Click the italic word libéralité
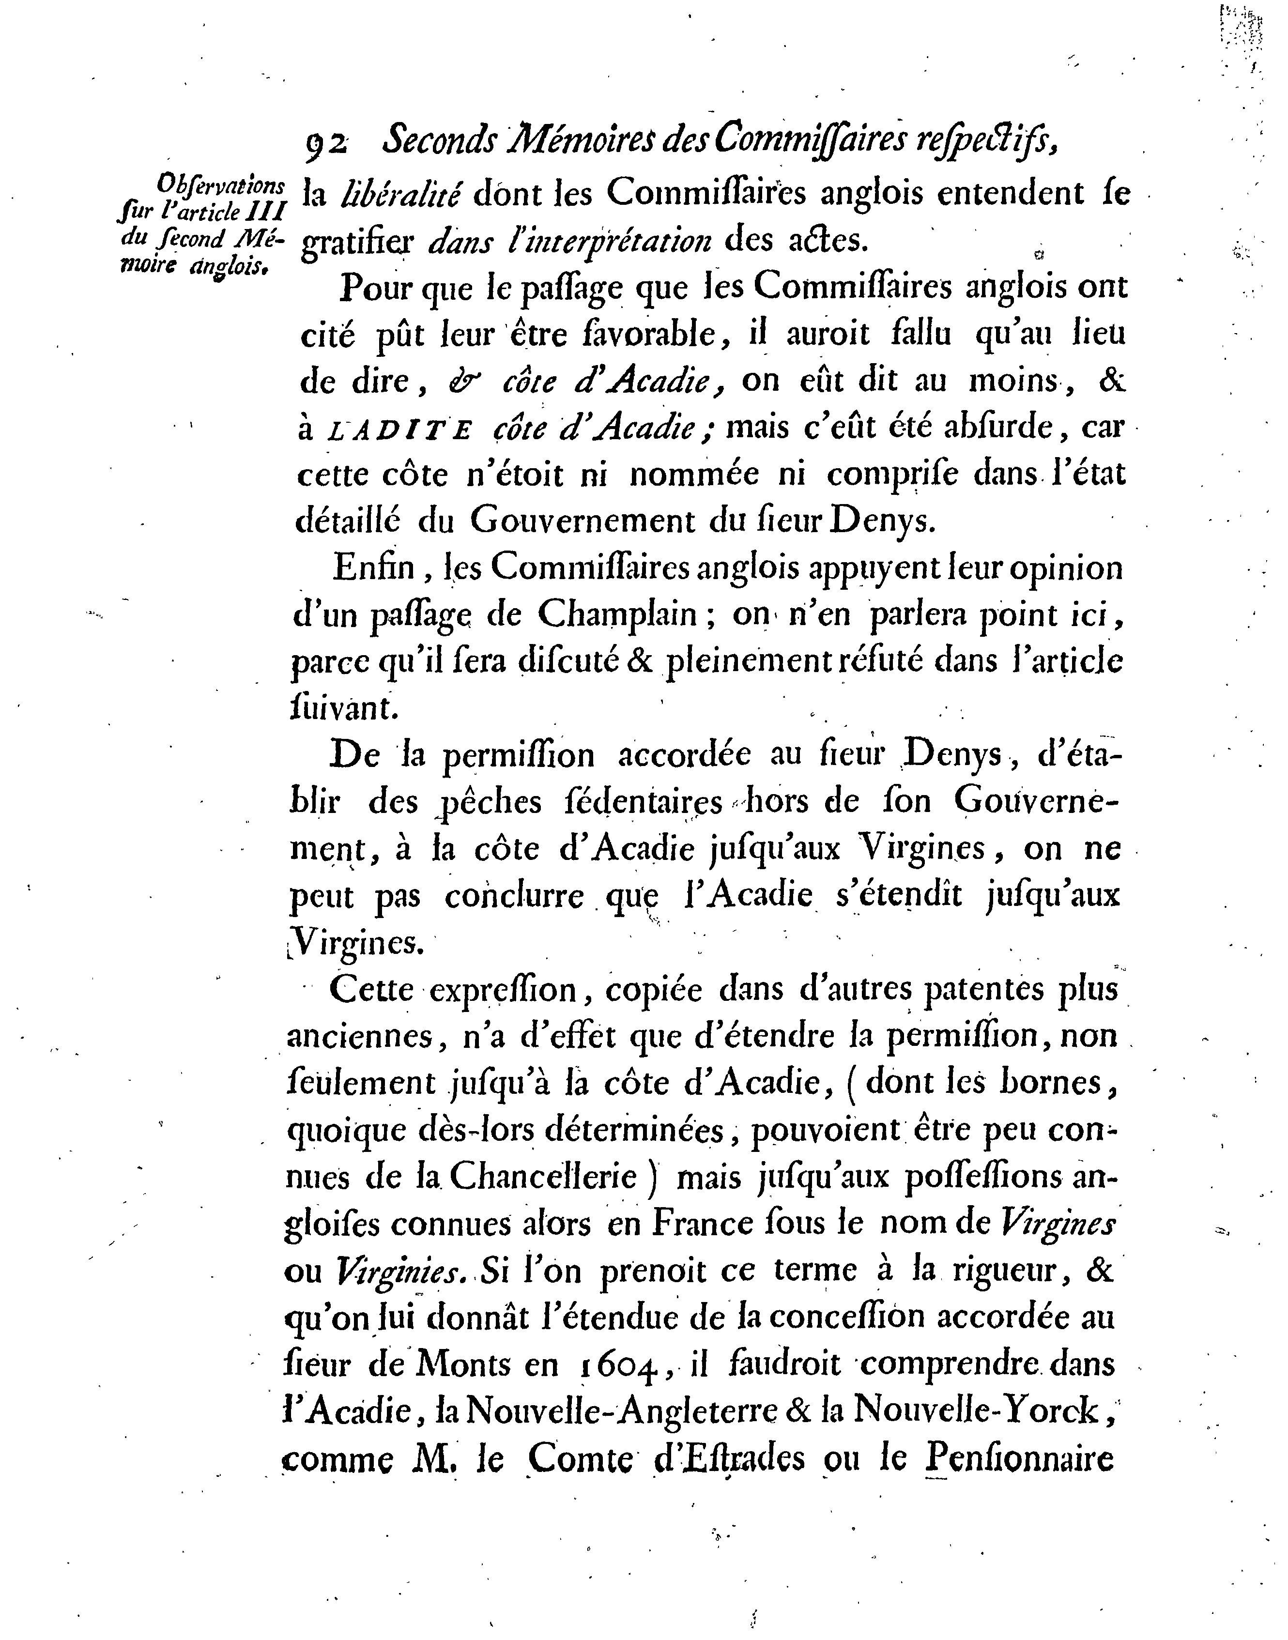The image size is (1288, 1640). (x=399, y=195)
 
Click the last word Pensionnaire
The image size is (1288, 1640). (x=1020, y=1459)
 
